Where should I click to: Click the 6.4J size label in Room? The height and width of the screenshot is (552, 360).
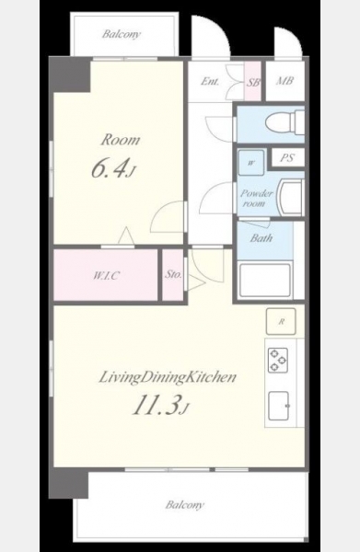tap(112, 168)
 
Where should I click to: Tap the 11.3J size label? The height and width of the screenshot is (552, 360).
tap(160, 405)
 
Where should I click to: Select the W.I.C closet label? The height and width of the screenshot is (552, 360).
tap(105, 275)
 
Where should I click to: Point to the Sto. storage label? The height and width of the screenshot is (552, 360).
tap(173, 274)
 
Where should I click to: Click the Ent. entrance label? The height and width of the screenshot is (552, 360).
tap(210, 81)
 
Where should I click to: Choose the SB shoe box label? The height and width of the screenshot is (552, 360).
tap(253, 83)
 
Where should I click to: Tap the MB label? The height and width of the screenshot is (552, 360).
tap(285, 81)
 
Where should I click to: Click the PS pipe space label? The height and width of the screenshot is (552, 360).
tap(286, 157)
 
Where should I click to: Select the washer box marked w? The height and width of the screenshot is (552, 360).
tap(250, 163)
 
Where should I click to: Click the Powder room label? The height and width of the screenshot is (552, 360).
tap(257, 198)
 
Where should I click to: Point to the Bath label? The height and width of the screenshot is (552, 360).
tap(261, 238)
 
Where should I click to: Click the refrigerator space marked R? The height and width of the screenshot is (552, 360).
tap(281, 321)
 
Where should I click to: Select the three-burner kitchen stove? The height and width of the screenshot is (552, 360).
tap(278, 360)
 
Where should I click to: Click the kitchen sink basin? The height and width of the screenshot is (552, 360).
tap(279, 406)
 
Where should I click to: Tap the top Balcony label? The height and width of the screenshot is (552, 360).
tap(122, 34)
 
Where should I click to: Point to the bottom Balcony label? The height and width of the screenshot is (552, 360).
tap(184, 505)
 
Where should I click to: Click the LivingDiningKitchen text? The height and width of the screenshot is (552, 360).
tap(168, 377)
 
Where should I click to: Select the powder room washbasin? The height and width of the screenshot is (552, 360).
tap(290, 197)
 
